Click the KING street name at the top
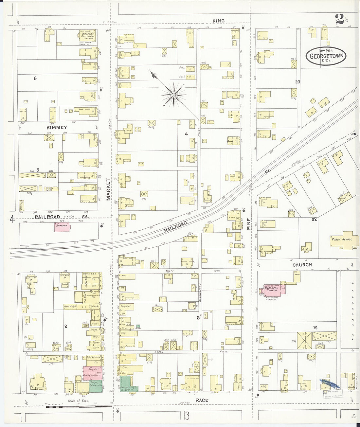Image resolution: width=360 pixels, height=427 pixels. pos(218,21)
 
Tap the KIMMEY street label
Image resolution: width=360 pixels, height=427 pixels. pos(57,127)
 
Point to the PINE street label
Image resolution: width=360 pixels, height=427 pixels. pos(249,223)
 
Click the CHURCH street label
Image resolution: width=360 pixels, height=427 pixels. pos(302,265)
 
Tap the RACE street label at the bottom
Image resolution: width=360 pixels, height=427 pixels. pos(202,400)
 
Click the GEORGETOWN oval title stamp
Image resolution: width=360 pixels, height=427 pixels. pos(326,56)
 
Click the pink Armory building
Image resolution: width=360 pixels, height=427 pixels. pos(62,227)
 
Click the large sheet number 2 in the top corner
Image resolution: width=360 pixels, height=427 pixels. pos(339,20)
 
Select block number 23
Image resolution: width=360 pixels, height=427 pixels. pos(297,82)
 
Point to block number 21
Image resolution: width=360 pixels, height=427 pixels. pos(315,328)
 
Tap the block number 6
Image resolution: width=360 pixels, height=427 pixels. pos(35,78)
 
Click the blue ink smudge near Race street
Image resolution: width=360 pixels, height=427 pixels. pos(330,383)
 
